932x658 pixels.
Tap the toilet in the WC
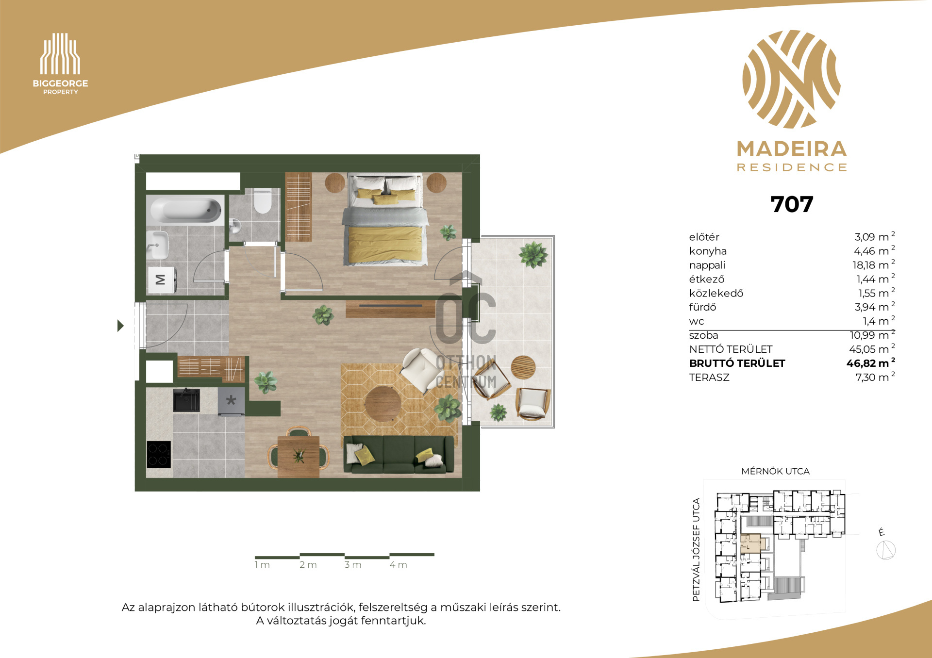coord(262,201)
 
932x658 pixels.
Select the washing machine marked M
coord(162,280)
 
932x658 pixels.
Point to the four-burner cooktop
coord(159,454)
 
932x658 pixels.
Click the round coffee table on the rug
coord(383,404)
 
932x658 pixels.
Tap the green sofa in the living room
coord(399,454)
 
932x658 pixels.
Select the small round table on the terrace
coord(523,367)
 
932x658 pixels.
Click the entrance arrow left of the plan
coord(120,326)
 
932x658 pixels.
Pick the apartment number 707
coord(792,204)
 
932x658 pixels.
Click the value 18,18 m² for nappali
coord(873,265)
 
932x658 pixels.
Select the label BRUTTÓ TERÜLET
coord(737,363)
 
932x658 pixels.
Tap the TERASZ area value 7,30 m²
coord(875,377)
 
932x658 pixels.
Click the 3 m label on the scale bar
coord(353,565)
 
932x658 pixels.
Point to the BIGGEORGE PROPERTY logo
coord(60,64)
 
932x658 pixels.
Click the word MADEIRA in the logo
coord(792,149)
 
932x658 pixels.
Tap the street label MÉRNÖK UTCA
coord(775,471)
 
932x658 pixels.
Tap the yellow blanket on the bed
coord(385,244)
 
